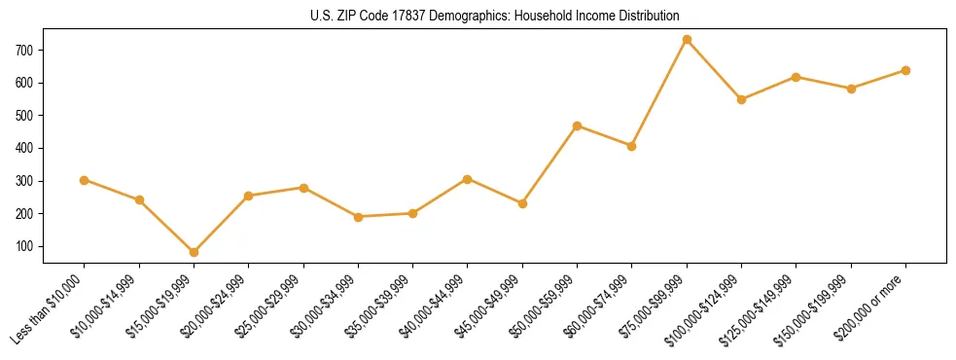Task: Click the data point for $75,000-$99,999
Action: tap(687, 40)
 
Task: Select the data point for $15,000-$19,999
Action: tap(194, 252)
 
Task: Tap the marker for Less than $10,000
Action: tap(85, 180)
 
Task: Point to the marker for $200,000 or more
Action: tap(905, 70)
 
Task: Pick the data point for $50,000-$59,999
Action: tap(577, 126)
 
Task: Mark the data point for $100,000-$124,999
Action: tap(741, 99)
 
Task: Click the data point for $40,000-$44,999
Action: tap(468, 179)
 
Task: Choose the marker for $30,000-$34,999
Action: tap(358, 217)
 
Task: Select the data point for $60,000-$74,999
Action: tap(631, 146)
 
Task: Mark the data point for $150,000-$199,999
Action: tap(851, 89)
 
